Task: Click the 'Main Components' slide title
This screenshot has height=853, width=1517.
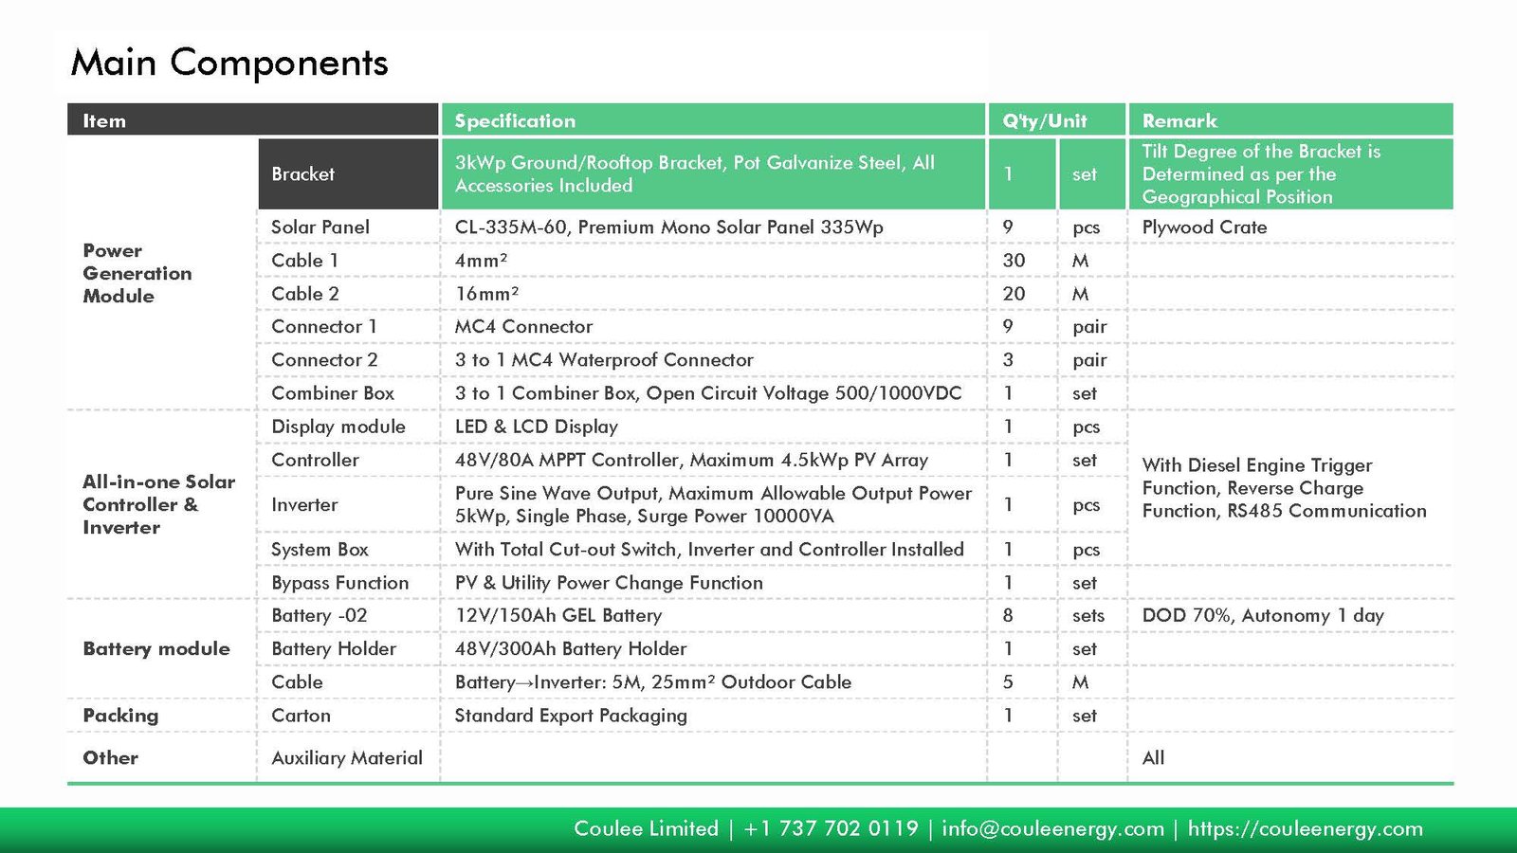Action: coord(229,63)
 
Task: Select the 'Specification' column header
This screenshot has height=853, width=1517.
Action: coord(515,120)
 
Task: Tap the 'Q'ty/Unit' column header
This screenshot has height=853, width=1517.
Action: coord(1045,120)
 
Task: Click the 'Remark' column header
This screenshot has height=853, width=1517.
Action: coord(1179,120)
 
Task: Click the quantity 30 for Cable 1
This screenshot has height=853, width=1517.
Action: coord(1014,261)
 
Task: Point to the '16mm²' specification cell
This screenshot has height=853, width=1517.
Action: coord(486,294)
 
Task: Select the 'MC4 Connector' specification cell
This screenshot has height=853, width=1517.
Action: coord(523,327)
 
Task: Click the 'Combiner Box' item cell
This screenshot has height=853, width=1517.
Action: coord(333,393)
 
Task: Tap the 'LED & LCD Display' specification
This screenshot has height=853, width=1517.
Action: coord(536,426)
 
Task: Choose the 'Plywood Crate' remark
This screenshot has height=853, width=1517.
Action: coord(1204,227)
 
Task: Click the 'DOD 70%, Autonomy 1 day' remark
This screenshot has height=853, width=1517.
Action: coord(1263,616)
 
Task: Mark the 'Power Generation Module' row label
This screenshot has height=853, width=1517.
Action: coord(137,273)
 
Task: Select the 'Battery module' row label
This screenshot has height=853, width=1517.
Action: coord(156,649)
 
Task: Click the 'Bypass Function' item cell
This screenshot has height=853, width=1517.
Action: coord(339,583)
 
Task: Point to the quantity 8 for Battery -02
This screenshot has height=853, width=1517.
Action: coord(1008,616)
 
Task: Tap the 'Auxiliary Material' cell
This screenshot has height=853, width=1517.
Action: coord(347,758)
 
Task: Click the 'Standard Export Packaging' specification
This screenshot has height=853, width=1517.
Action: coord(571,716)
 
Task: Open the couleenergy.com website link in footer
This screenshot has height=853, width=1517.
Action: coord(1305,828)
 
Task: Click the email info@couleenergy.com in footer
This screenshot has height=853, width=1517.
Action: coord(1052,828)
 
